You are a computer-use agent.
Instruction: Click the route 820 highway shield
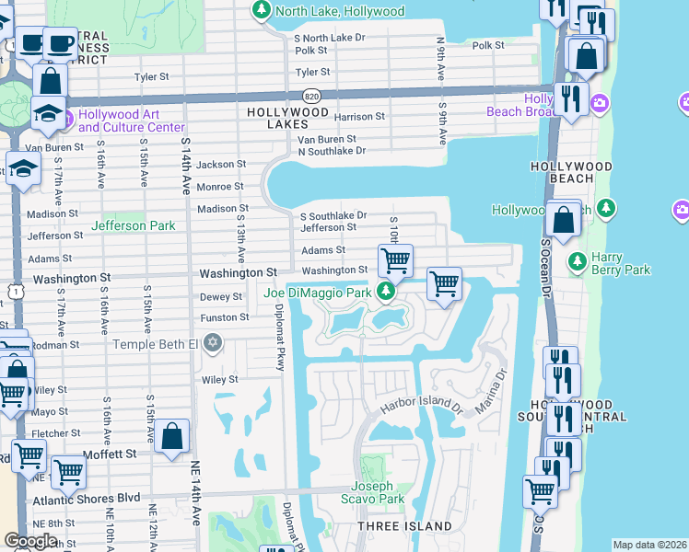311,96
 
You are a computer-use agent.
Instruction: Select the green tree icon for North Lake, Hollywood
262,11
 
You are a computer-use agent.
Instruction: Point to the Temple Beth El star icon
214,344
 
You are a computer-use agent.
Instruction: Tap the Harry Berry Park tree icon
578,262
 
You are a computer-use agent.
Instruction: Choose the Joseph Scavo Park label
379,492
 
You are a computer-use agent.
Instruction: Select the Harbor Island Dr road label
419,408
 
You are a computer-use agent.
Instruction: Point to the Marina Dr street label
492,392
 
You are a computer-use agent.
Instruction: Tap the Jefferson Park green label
133,225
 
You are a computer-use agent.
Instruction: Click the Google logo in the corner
30,541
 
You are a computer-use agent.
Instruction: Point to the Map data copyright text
649,545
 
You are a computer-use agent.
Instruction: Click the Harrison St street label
359,117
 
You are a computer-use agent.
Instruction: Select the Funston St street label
225,317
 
